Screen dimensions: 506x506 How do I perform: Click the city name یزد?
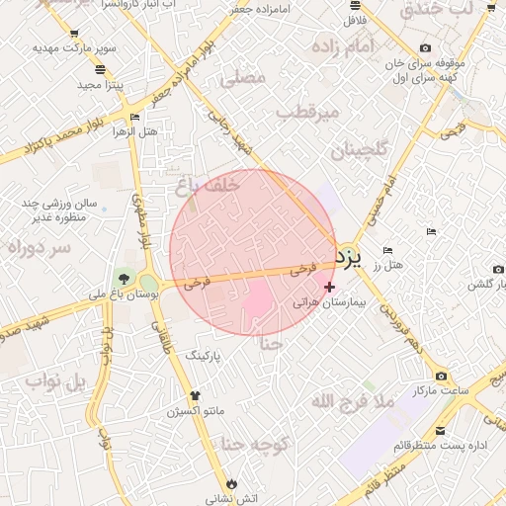pos(350,259)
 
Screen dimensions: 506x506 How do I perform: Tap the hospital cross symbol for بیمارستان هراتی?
pos(329,287)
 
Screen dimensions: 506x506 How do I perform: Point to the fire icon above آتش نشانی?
pos(232,483)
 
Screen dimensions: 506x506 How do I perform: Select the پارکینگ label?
pos(219,353)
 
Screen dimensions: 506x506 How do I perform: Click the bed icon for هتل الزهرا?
pos(134,118)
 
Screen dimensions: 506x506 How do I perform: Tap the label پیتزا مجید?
pos(100,85)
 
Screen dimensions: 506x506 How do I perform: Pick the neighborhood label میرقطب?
pos(306,113)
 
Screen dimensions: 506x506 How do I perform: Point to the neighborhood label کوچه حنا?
pos(254,445)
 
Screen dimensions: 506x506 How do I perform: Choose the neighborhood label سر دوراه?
pos(39,248)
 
